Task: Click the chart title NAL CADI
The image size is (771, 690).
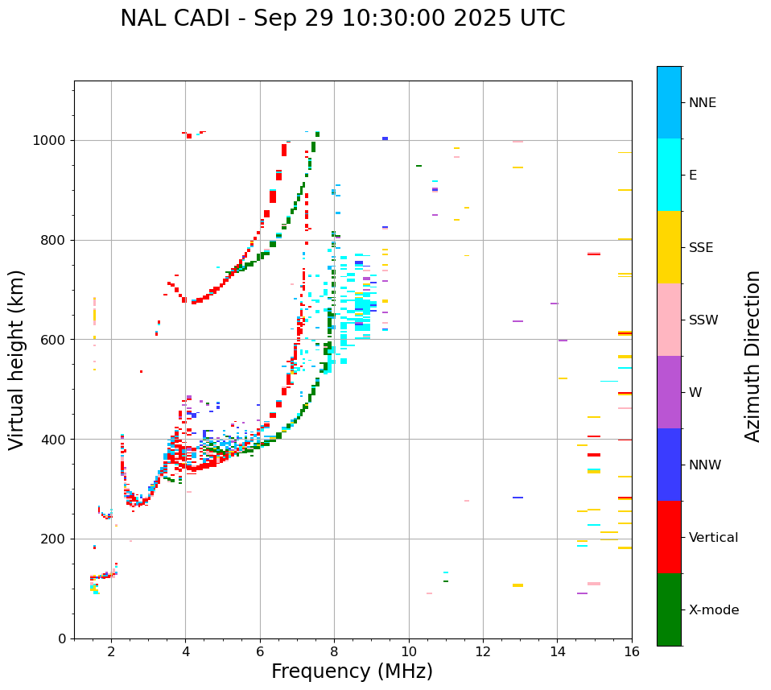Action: pos(176,19)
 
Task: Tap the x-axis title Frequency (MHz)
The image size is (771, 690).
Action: pos(352,671)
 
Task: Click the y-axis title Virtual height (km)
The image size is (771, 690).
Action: pos(18,359)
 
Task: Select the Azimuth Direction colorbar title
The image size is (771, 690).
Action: pos(752,356)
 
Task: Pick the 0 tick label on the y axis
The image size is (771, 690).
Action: pos(62,638)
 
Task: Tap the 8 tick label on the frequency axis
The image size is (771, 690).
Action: pos(334,652)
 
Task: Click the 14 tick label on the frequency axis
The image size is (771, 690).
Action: pos(557,652)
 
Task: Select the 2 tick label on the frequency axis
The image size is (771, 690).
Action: pos(111,652)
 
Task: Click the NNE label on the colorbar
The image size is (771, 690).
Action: pos(703,103)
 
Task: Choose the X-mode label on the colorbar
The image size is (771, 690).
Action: pos(714,610)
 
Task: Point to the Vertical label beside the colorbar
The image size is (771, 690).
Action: pos(713,538)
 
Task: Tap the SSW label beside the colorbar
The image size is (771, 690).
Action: pos(703,320)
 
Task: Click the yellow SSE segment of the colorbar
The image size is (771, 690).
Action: pos(669,247)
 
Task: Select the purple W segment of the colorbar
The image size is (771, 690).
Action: pos(669,392)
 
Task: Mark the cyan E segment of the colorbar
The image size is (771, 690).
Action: pos(669,175)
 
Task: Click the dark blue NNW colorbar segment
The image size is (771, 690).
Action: pos(669,465)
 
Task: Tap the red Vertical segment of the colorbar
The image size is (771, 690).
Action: pos(669,537)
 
